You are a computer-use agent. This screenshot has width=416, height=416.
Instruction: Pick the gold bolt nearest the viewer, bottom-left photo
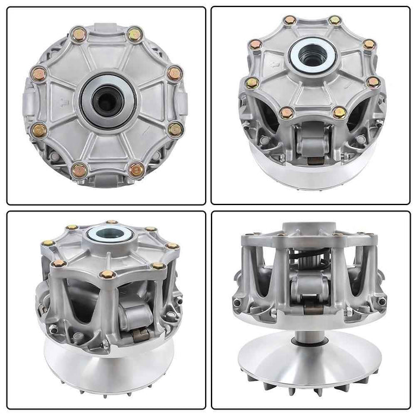coord(108,275)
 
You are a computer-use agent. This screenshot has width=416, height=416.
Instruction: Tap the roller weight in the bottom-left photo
coord(135,317)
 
